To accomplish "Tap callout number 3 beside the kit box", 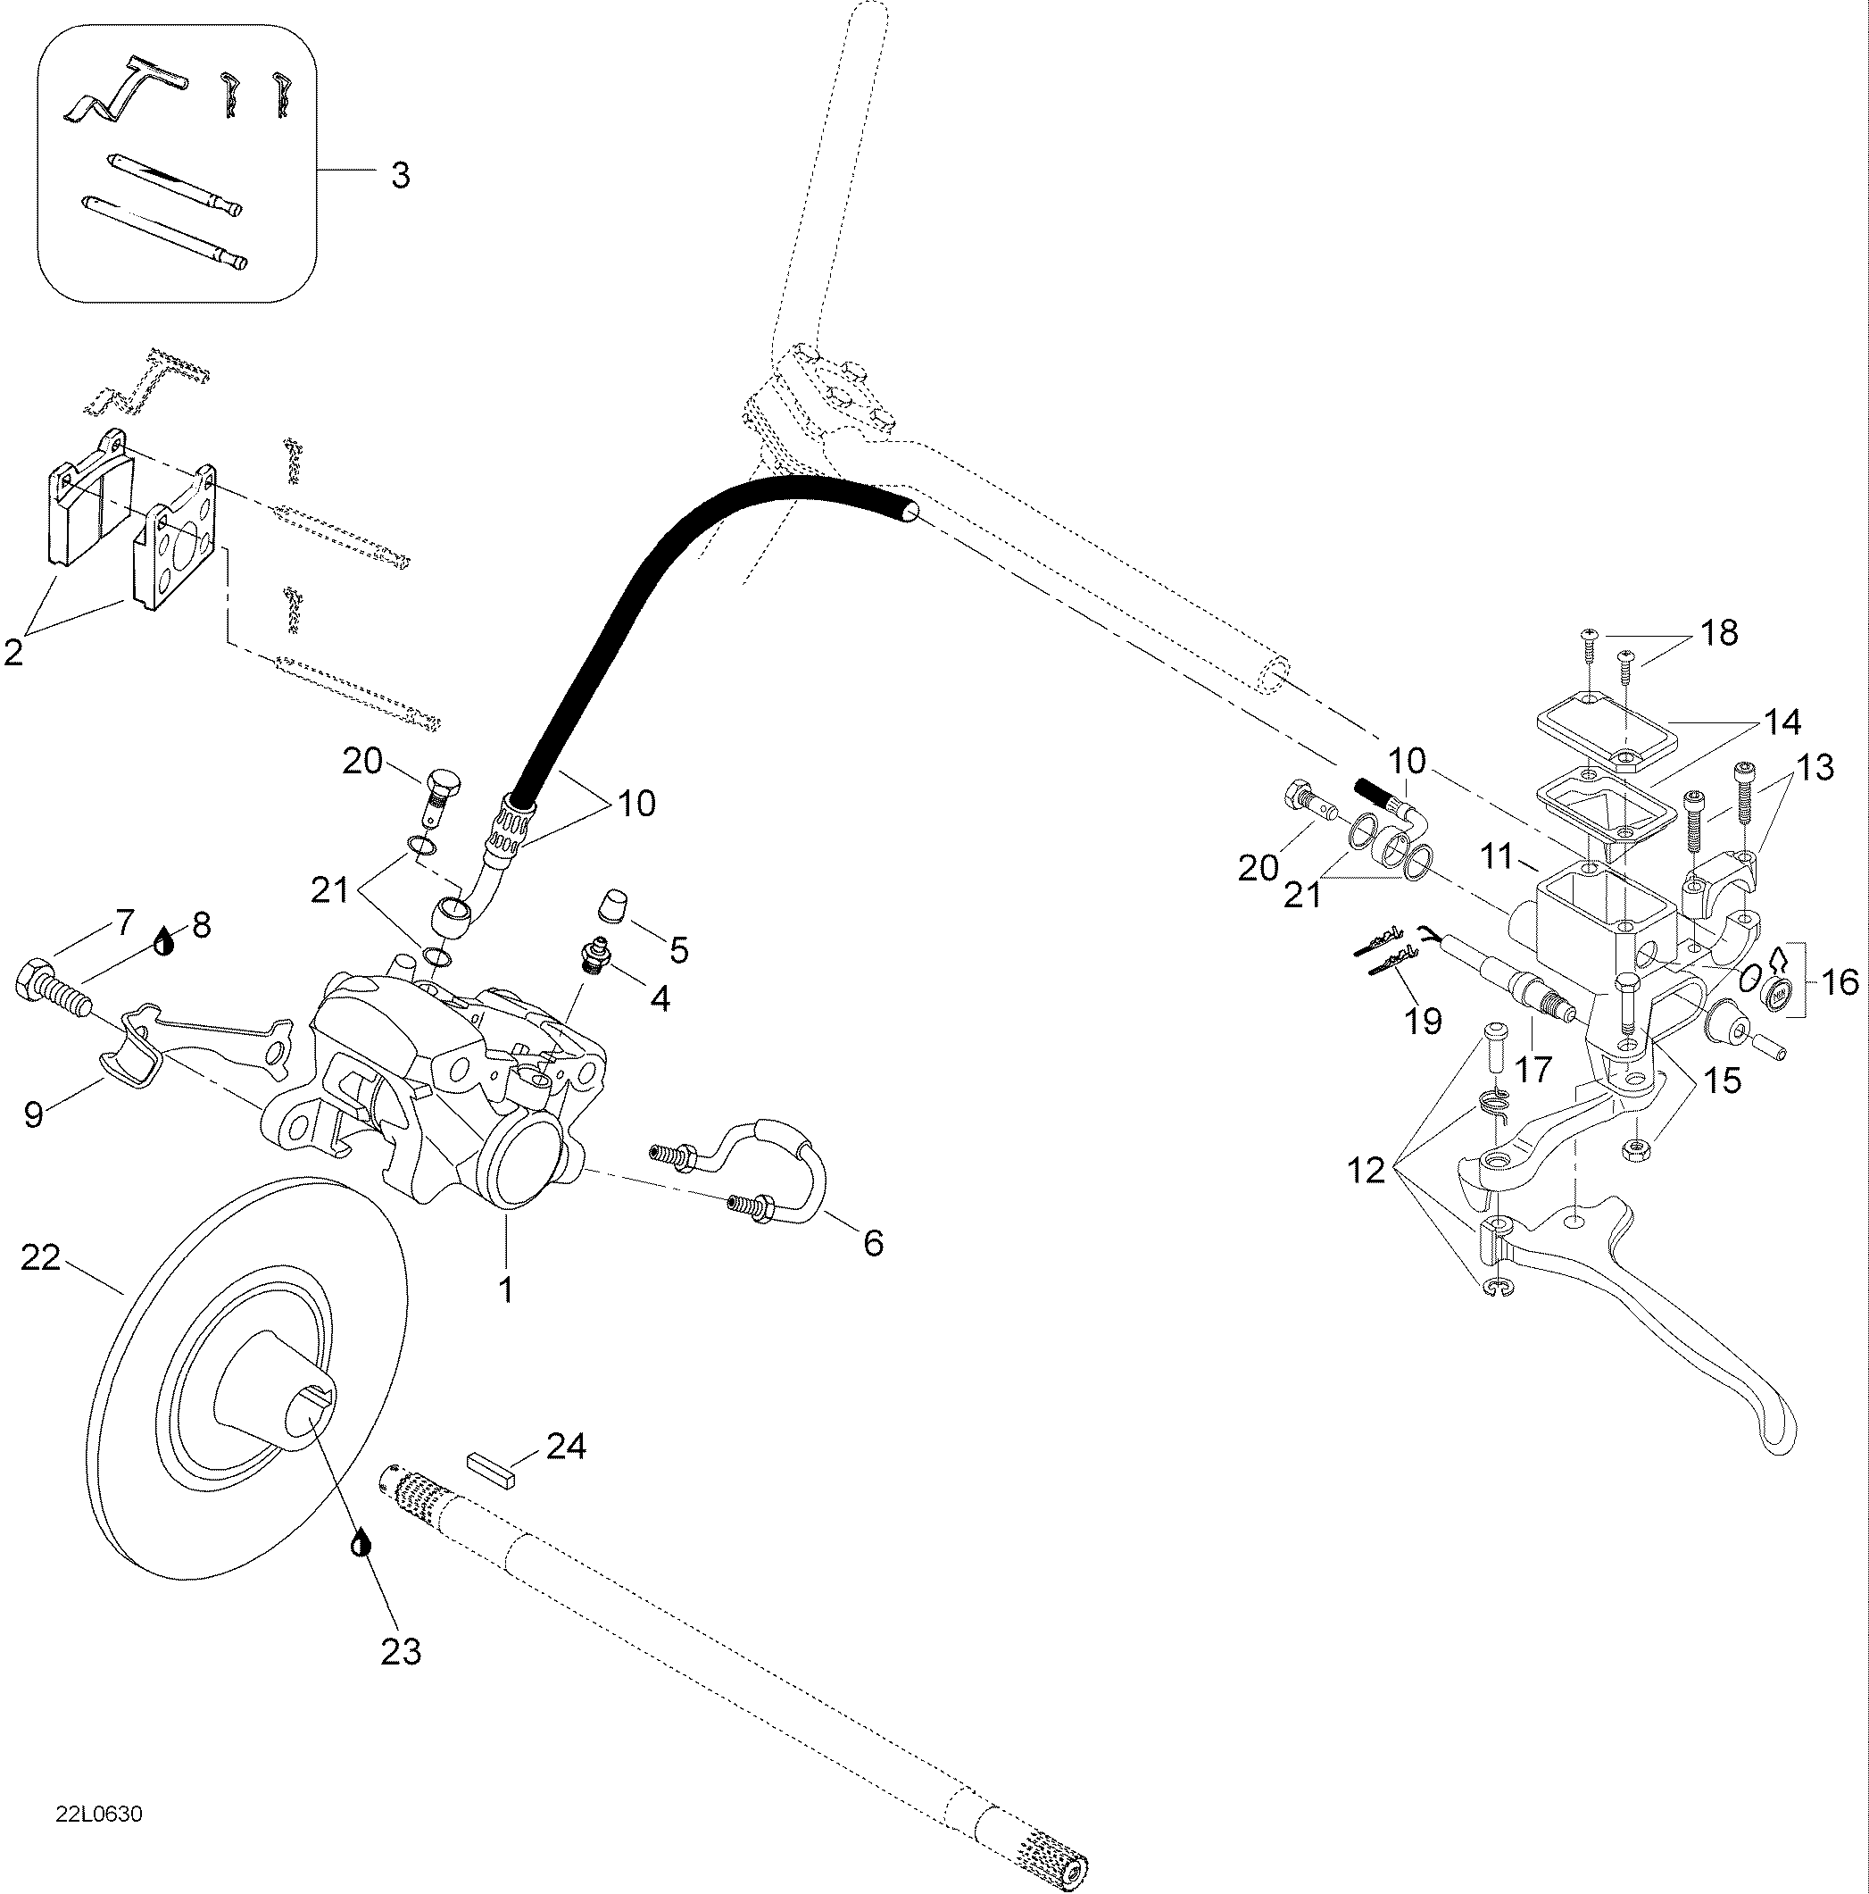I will pos(400,177).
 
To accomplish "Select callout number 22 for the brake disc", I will pos(41,1258).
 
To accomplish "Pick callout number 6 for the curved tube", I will pos(872,1243).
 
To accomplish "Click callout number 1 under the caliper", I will pos(506,1290).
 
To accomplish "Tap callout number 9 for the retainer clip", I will pos(34,1114).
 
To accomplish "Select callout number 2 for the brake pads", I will pos(13,651).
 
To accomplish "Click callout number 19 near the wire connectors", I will pos(1423,1022).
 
